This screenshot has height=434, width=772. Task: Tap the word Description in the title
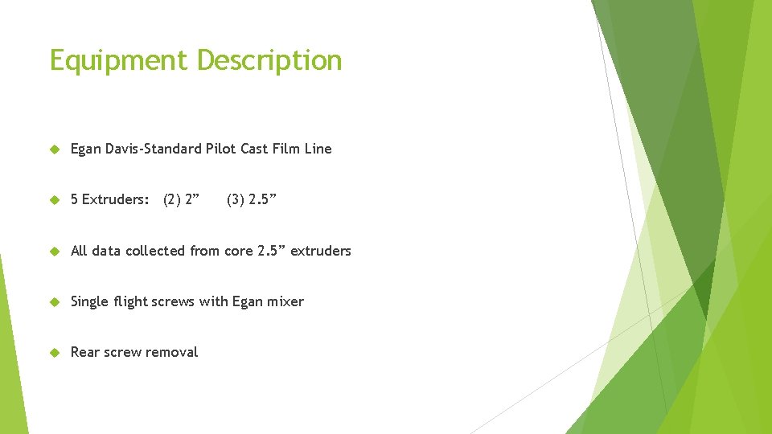click(x=269, y=61)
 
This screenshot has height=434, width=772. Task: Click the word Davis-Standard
click(x=153, y=149)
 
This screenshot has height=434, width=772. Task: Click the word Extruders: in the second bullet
click(x=115, y=199)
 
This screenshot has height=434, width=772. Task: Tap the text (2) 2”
click(x=181, y=199)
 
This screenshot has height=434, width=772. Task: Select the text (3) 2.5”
click(x=251, y=199)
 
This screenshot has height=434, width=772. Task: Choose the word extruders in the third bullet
click(x=320, y=251)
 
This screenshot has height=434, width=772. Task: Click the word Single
click(x=91, y=301)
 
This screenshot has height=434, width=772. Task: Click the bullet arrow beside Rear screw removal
click(x=55, y=352)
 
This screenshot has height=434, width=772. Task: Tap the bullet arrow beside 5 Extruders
click(x=55, y=199)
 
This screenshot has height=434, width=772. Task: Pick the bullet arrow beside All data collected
click(x=55, y=251)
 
